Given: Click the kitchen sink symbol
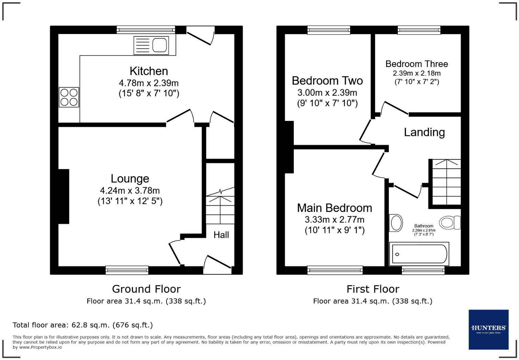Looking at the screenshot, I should click(151, 45).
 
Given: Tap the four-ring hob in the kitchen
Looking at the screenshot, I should click(69, 97).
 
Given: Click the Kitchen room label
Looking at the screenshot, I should click(149, 71).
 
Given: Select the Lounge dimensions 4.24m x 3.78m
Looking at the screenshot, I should click(130, 190).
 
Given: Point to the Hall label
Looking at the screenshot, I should click(221, 235).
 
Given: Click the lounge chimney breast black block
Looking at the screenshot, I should click(64, 196).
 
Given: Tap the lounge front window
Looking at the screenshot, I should click(127, 270).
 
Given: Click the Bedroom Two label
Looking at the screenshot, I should click(327, 81).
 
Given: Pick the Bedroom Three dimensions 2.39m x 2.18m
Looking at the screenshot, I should click(417, 73).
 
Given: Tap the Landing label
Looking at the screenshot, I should click(424, 132).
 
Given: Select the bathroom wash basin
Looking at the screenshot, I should click(396, 223).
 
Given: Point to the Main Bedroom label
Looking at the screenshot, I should click(334, 208).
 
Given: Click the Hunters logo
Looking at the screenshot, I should click(488, 329).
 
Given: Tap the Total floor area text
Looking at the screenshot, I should click(83, 325).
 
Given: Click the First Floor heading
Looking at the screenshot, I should click(373, 289).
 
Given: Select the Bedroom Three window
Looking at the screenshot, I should click(419, 30).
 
